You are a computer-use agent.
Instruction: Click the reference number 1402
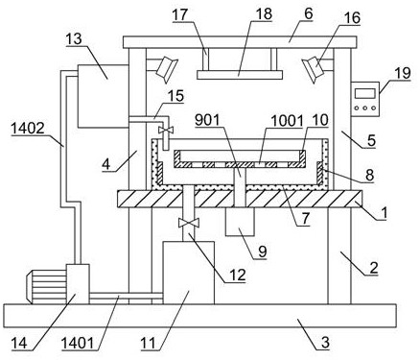coord(28,129)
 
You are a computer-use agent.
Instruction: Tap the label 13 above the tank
coord(74,39)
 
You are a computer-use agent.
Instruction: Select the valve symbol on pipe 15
coord(166,130)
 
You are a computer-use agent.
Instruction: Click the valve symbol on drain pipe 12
coord(189,223)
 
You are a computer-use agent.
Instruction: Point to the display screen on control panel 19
coord(364,93)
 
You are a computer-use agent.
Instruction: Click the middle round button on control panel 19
coord(365,108)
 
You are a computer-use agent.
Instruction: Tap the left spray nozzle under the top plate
coord(166,67)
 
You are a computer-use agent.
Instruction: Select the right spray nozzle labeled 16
coord(314,68)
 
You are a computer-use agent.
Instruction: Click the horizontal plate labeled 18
coord(240,75)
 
